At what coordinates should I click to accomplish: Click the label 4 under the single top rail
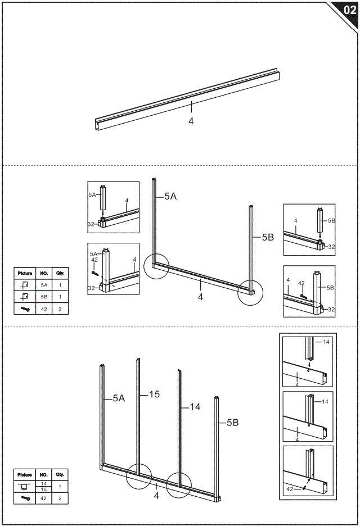191,120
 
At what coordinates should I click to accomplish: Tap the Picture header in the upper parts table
25,273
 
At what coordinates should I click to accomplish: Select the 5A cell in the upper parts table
44,285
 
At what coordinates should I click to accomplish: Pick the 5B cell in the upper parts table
44,296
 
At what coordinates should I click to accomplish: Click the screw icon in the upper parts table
25,309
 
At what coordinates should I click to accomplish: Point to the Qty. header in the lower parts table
60,475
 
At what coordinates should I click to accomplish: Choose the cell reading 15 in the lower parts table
44,489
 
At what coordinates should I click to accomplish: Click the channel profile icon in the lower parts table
25,487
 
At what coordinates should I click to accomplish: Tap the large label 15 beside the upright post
154,394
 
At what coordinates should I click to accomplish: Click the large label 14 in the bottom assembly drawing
195,407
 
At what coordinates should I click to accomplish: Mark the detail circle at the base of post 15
139,476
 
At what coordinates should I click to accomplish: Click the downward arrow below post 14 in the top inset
309,364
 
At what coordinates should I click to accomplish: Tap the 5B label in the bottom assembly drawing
232,423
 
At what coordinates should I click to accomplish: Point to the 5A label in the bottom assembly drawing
119,398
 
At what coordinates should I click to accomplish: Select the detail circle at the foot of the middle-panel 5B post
250,292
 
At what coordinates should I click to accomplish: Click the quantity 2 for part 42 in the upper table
60,309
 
